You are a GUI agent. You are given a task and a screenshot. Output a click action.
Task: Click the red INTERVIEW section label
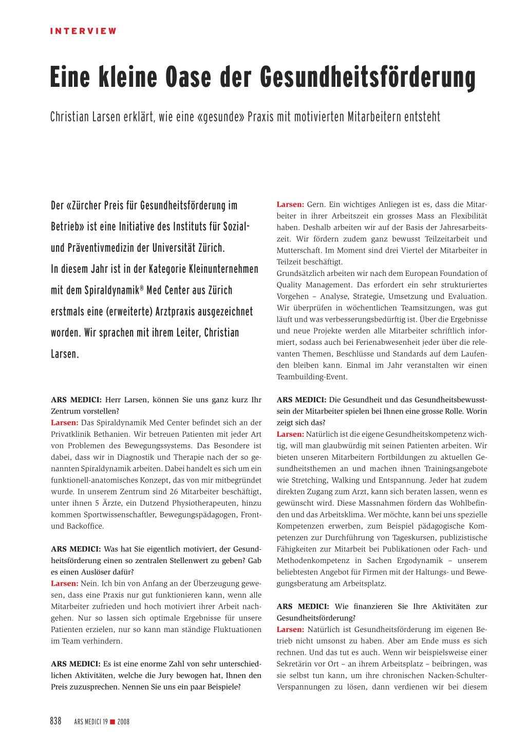click(83, 31)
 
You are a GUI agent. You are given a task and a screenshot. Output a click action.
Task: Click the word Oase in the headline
click(188, 77)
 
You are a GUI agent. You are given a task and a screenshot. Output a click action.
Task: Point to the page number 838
click(55, 721)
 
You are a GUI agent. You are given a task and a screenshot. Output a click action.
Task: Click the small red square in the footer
click(112, 722)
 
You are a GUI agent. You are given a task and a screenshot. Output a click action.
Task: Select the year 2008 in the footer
click(123, 722)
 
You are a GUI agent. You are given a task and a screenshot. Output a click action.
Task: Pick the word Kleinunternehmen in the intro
click(223, 269)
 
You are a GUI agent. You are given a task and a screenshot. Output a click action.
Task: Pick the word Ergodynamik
click(420, 561)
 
